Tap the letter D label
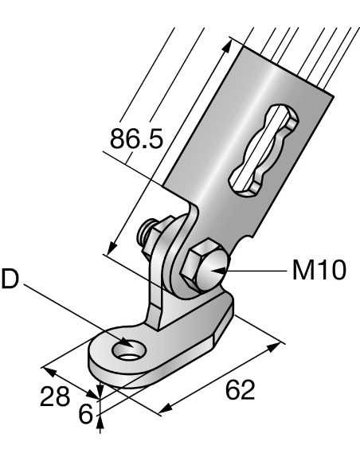point(10,281)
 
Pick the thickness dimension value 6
point(85,414)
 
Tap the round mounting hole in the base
point(124,349)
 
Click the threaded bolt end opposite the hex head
point(146,234)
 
